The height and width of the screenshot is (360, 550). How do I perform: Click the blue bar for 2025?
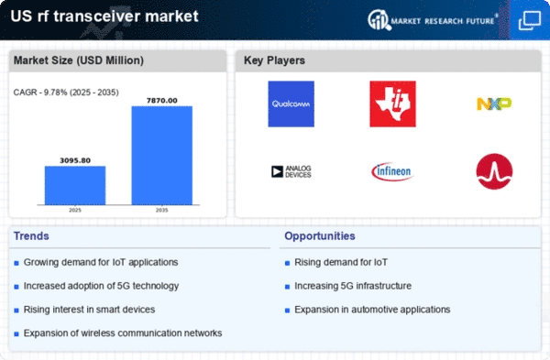(75, 185)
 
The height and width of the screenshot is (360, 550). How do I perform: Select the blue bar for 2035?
(162, 156)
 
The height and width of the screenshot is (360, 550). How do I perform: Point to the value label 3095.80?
(75, 160)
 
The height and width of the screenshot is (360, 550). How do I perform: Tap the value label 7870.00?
(162, 101)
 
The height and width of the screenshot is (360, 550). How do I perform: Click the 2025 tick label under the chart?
(75, 210)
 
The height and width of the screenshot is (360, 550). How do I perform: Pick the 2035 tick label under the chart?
(162, 210)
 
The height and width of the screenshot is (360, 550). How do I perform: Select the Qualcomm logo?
(291, 104)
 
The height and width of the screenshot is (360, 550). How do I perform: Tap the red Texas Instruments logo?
(393, 104)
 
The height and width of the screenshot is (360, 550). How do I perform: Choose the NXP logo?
(494, 104)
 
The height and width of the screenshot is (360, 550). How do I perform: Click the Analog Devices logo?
(291, 171)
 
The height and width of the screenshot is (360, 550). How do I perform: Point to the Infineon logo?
(393, 171)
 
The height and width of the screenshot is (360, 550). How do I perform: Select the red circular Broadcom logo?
(494, 171)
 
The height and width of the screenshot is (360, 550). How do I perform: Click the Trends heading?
(31, 236)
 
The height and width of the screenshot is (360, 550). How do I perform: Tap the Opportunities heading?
(320, 236)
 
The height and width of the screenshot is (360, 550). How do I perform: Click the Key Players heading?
(274, 60)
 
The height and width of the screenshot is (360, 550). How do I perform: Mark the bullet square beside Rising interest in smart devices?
(16, 311)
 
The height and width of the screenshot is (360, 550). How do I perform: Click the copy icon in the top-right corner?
(530, 20)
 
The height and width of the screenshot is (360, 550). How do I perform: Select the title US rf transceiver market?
(104, 16)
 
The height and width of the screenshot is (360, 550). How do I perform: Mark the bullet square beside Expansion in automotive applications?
(287, 311)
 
